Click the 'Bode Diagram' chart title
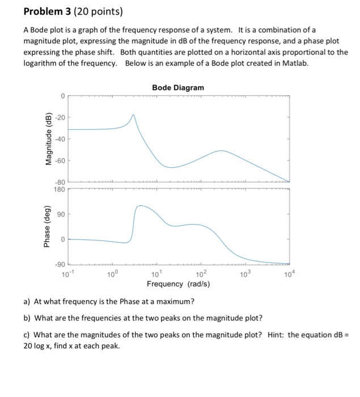tap(178, 88)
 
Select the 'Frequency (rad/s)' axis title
tap(178, 284)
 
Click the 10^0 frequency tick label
tap(113, 274)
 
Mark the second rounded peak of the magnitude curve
tap(222, 151)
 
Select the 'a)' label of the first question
tap(28, 301)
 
